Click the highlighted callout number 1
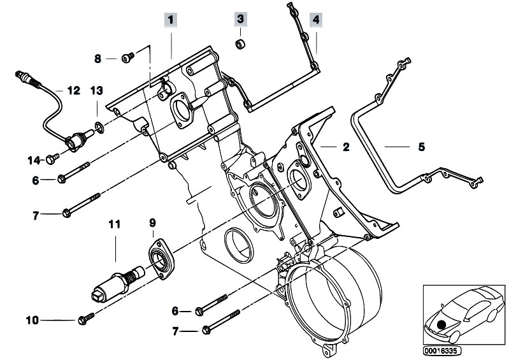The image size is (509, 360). (x=170, y=20)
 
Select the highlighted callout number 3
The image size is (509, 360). (x=240, y=20)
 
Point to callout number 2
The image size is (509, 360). (x=345, y=147)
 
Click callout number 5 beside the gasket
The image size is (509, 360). (x=420, y=147)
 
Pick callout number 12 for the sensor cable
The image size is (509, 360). (x=73, y=90)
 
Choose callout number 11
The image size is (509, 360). (x=114, y=224)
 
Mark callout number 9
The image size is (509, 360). (x=152, y=224)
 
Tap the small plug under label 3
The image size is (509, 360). (x=241, y=44)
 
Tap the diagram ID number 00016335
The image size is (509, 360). (x=441, y=350)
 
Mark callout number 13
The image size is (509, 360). (x=96, y=90)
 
